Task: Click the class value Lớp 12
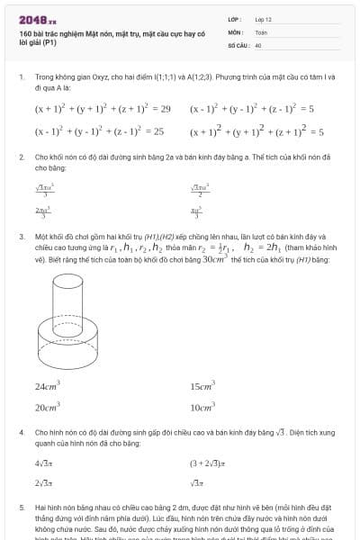pyautogui.click(x=263, y=19)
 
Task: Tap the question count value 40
pyautogui.click(x=258, y=44)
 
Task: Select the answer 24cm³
pyautogui.click(x=48, y=386)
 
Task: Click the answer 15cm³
pyautogui.click(x=202, y=386)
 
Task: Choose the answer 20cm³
pyautogui.click(x=48, y=407)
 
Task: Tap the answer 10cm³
pyautogui.click(x=202, y=407)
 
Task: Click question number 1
pyautogui.click(x=21, y=77)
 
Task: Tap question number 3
pyautogui.click(x=21, y=236)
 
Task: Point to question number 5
pyautogui.click(x=21, y=508)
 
